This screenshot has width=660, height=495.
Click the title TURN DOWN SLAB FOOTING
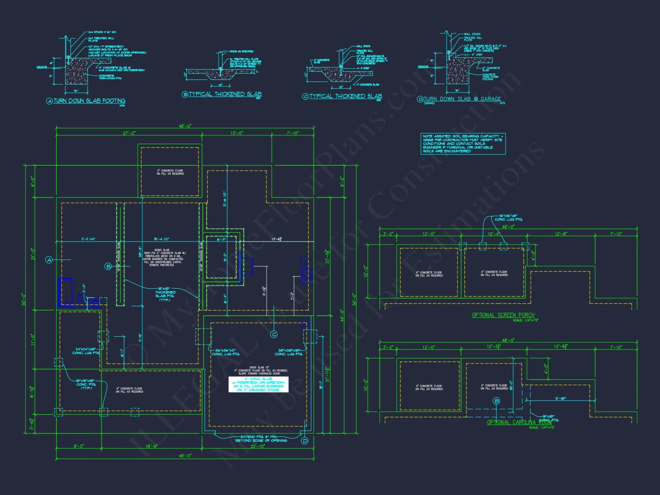pyautogui.click(x=89, y=101)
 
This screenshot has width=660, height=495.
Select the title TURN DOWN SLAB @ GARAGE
pyautogui.click(x=462, y=99)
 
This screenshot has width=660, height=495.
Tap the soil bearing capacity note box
pyautogui.click(x=463, y=144)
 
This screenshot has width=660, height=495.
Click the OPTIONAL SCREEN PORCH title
pyautogui.click(x=503, y=315)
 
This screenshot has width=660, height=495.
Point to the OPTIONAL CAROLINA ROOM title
pyautogui.click(x=519, y=422)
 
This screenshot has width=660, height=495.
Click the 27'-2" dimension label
pyautogui.click(x=129, y=133)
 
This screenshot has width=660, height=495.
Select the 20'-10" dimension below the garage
pyautogui.click(x=257, y=446)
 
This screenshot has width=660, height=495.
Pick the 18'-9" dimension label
pyautogui.click(x=152, y=446)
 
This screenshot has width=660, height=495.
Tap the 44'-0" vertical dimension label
pyautogui.click(x=342, y=315)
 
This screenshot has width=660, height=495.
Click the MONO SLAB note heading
pyautogui.click(x=162, y=250)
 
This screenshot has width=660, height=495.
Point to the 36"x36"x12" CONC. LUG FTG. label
pyautogui.click(x=226, y=352)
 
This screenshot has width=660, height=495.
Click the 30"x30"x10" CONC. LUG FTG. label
pyautogui.click(x=289, y=352)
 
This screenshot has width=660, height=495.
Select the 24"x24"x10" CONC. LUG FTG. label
pyautogui.click(x=86, y=351)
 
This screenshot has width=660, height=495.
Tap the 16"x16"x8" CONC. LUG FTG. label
pyautogui.click(x=509, y=217)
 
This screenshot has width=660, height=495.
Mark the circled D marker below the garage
pyautogui.click(x=305, y=441)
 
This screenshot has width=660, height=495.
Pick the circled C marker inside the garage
pyautogui.click(x=274, y=335)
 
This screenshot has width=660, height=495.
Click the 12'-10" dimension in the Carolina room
pyautogui.click(x=560, y=399)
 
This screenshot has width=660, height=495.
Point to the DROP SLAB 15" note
pyautogui.click(x=259, y=367)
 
